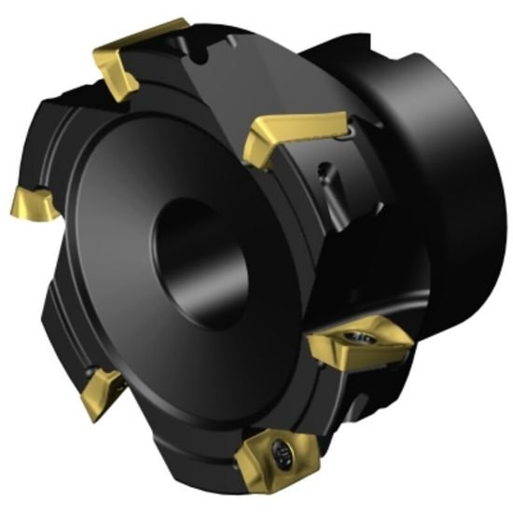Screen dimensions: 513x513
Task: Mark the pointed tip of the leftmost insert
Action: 13,206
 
